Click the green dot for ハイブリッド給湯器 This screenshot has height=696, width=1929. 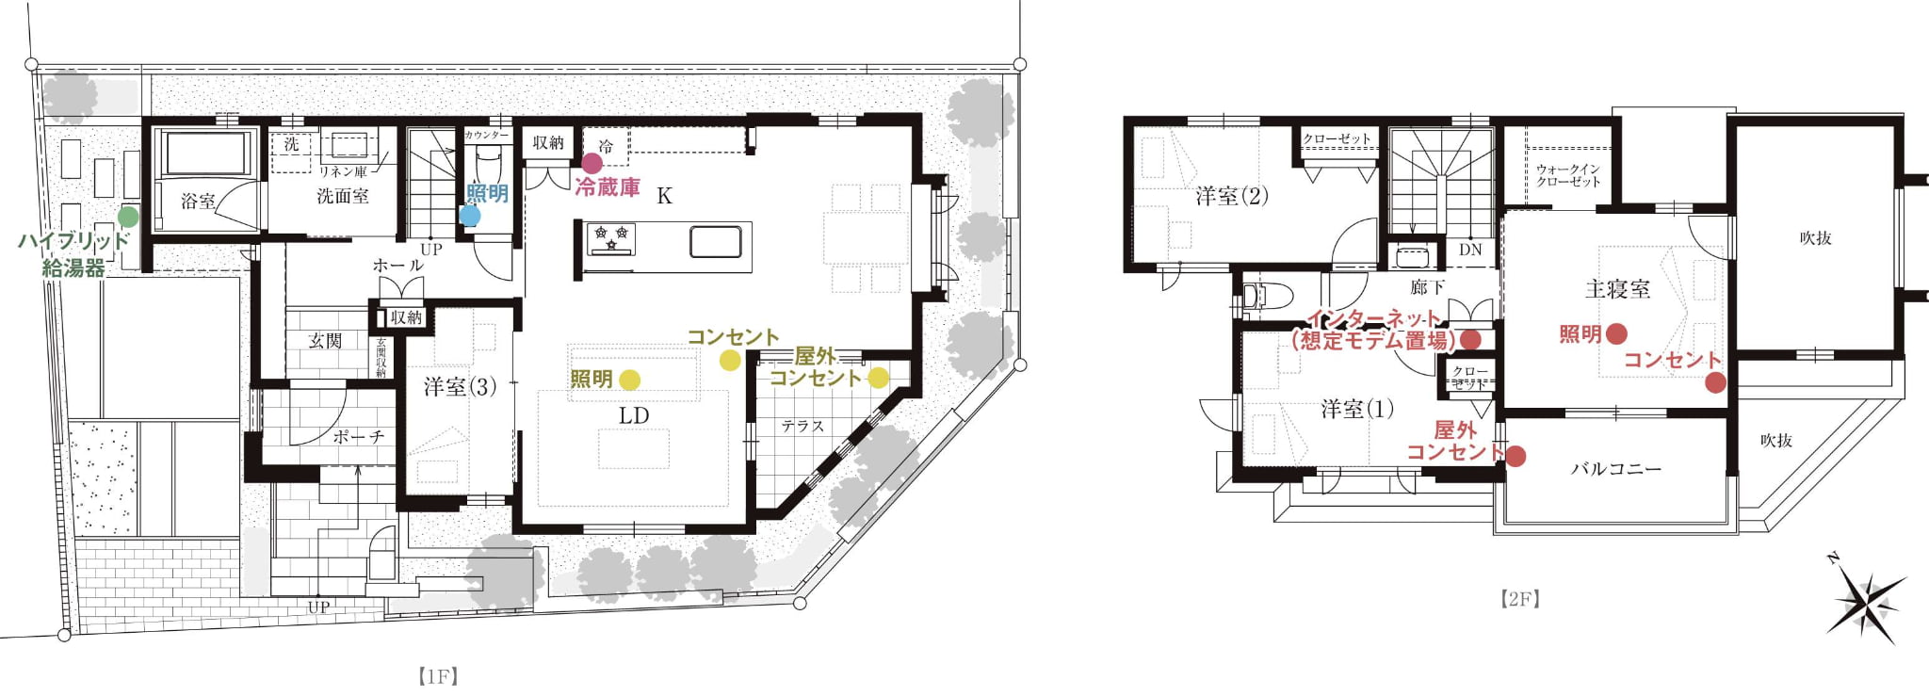[128, 218]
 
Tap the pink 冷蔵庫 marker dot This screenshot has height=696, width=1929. [592, 164]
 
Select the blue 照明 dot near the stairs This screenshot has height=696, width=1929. [470, 216]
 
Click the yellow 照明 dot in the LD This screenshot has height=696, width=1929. [630, 380]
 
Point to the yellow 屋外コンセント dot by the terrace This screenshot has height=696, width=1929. [878, 378]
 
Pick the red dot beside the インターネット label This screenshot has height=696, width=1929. [1470, 339]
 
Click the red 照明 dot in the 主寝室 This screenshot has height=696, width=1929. [1616, 333]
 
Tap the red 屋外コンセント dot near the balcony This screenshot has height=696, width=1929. [1516, 457]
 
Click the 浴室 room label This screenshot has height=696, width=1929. [198, 202]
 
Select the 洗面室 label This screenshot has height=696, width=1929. [343, 197]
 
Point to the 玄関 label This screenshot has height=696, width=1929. [325, 341]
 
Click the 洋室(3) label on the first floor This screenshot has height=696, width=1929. [460, 387]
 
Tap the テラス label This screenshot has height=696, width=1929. [802, 427]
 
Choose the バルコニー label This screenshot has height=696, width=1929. [1616, 468]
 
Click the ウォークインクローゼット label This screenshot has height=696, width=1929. [1568, 175]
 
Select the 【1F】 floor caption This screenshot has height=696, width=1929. [438, 676]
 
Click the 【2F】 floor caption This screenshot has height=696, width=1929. [1520, 599]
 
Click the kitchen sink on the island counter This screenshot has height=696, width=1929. [715, 242]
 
